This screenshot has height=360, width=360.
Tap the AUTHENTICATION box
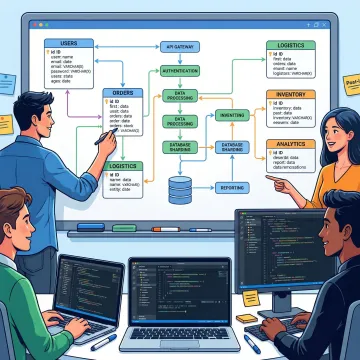point(180,71)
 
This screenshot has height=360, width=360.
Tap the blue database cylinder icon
point(180,188)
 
